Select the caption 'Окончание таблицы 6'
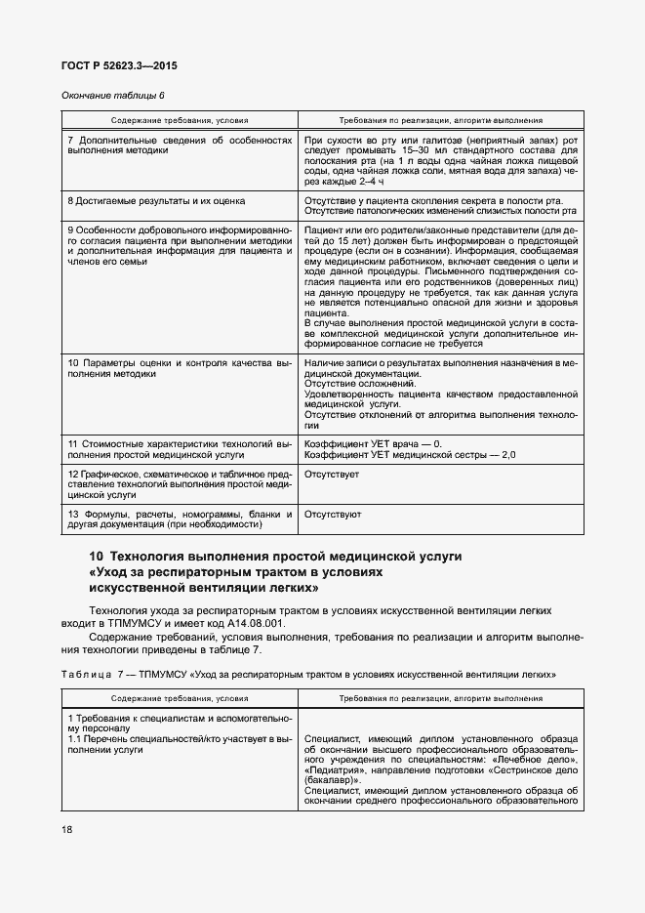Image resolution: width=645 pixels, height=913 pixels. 112,95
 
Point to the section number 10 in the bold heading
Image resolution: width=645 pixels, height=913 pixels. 97,556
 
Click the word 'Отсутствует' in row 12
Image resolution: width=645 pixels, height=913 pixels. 332,474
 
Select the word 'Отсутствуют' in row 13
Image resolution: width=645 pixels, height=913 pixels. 333,513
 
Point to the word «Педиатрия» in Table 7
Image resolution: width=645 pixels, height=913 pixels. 338,770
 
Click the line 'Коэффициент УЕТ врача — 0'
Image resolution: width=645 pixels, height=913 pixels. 373,444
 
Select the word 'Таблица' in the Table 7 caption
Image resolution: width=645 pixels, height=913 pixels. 88,675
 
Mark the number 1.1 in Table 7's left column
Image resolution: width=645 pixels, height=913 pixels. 75,739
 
